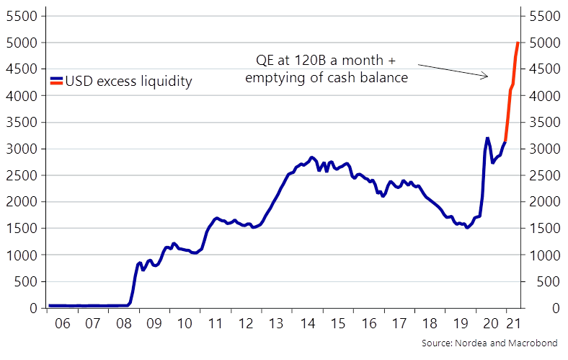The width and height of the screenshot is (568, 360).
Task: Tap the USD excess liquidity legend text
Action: point(128,82)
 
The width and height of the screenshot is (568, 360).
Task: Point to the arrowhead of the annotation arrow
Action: point(487,76)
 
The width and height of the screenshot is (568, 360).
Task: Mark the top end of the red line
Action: point(518,43)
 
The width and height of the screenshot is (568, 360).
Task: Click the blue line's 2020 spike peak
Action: point(487,138)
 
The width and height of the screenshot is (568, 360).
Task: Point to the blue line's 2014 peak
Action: point(311,157)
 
